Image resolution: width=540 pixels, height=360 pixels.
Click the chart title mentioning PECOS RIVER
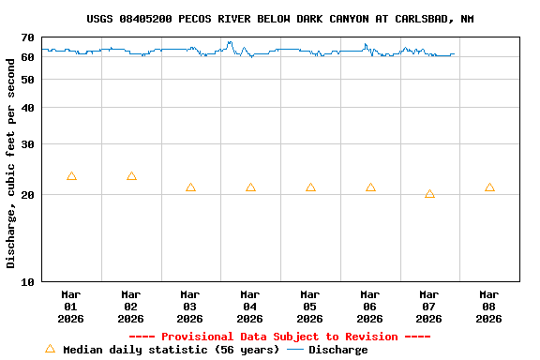point(279,19)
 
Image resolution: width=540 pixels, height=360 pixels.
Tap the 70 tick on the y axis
point(27,37)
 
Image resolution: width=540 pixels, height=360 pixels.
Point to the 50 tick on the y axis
point(27,79)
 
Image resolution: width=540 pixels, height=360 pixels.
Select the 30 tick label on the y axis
point(27,144)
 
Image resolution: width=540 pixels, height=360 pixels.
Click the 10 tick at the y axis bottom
point(27,280)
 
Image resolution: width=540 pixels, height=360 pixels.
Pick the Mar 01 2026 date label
point(70,306)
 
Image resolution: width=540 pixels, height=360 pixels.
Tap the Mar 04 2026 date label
point(250,306)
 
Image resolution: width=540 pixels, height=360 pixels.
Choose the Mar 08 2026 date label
point(489,306)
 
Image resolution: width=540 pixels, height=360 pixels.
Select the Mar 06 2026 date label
point(369,306)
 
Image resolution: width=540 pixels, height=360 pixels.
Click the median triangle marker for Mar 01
point(71,176)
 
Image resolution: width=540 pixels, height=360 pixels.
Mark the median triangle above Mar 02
point(131,176)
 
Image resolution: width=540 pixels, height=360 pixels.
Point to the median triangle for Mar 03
point(190,187)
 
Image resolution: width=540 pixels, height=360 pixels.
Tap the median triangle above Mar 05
point(310,187)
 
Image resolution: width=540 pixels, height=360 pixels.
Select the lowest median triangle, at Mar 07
point(429,194)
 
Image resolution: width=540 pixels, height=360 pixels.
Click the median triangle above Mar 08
point(489,187)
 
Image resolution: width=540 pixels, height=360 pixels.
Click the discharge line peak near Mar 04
point(230,42)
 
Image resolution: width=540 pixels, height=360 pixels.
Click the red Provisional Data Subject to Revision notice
point(279,337)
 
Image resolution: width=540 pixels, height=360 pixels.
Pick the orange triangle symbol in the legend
point(50,349)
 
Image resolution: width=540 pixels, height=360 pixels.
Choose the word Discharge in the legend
point(337,350)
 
